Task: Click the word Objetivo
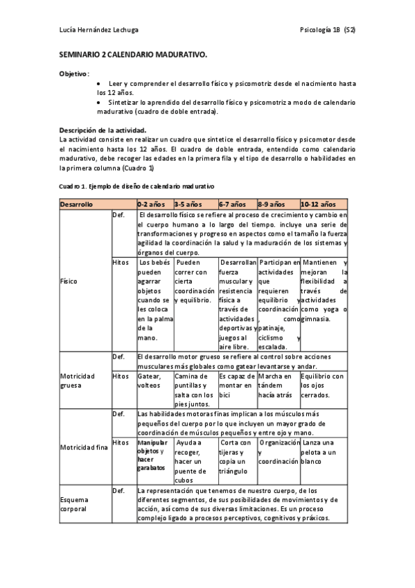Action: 73,73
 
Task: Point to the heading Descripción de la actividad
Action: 102,130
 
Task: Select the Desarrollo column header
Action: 78,205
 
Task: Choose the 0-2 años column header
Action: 151,205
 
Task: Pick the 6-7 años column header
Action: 233,205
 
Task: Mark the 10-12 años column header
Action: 318,205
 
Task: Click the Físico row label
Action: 69,282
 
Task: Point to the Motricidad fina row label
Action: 83,447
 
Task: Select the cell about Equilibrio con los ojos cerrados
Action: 323,381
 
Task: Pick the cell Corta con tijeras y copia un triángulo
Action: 236,452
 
